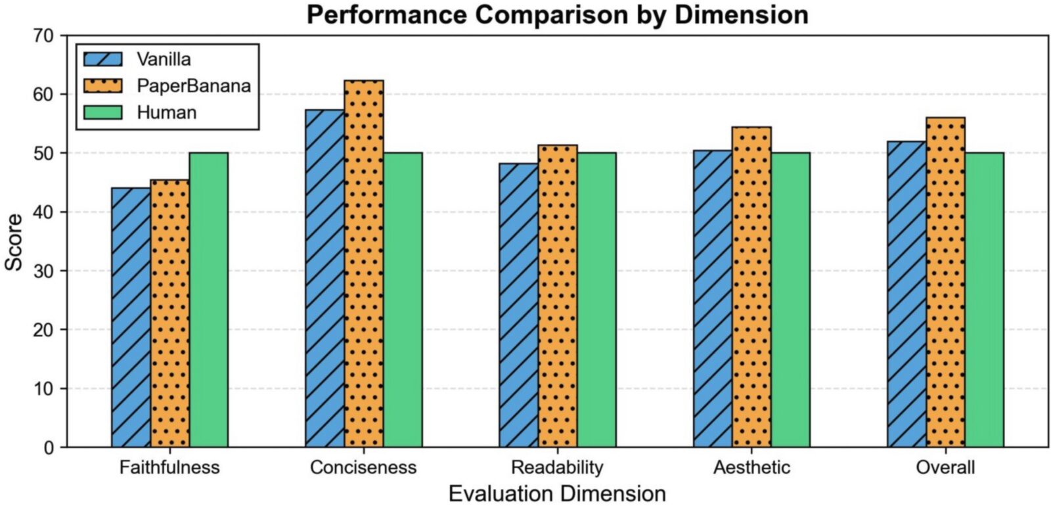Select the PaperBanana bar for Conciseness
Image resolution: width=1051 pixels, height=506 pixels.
click(x=364, y=264)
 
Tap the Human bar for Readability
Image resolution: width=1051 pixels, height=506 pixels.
click(x=596, y=300)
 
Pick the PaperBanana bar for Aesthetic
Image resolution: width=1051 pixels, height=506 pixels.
click(x=751, y=287)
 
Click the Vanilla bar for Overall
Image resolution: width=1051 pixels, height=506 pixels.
click(x=906, y=294)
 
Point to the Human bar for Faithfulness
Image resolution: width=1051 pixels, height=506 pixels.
click(x=209, y=300)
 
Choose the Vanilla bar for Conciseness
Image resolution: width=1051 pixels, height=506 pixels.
click(x=324, y=279)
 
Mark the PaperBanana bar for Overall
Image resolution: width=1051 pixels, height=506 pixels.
click(x=946, y=283)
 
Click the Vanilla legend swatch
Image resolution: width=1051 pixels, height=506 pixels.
click(x=103, y=59)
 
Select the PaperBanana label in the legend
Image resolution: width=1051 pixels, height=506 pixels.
click(x=194, y=86)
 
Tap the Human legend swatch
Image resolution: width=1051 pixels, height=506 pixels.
click(x=103, y=112)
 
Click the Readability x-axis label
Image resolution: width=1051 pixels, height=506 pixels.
click(x=557, y=467)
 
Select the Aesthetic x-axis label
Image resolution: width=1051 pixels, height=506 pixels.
click(x=751, y=467)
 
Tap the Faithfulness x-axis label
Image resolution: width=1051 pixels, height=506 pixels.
click(x=169, y=467)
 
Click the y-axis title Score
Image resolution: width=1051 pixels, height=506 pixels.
click(x=14, y=242)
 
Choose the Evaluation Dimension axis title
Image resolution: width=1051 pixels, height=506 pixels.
click(x=557, y=494)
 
